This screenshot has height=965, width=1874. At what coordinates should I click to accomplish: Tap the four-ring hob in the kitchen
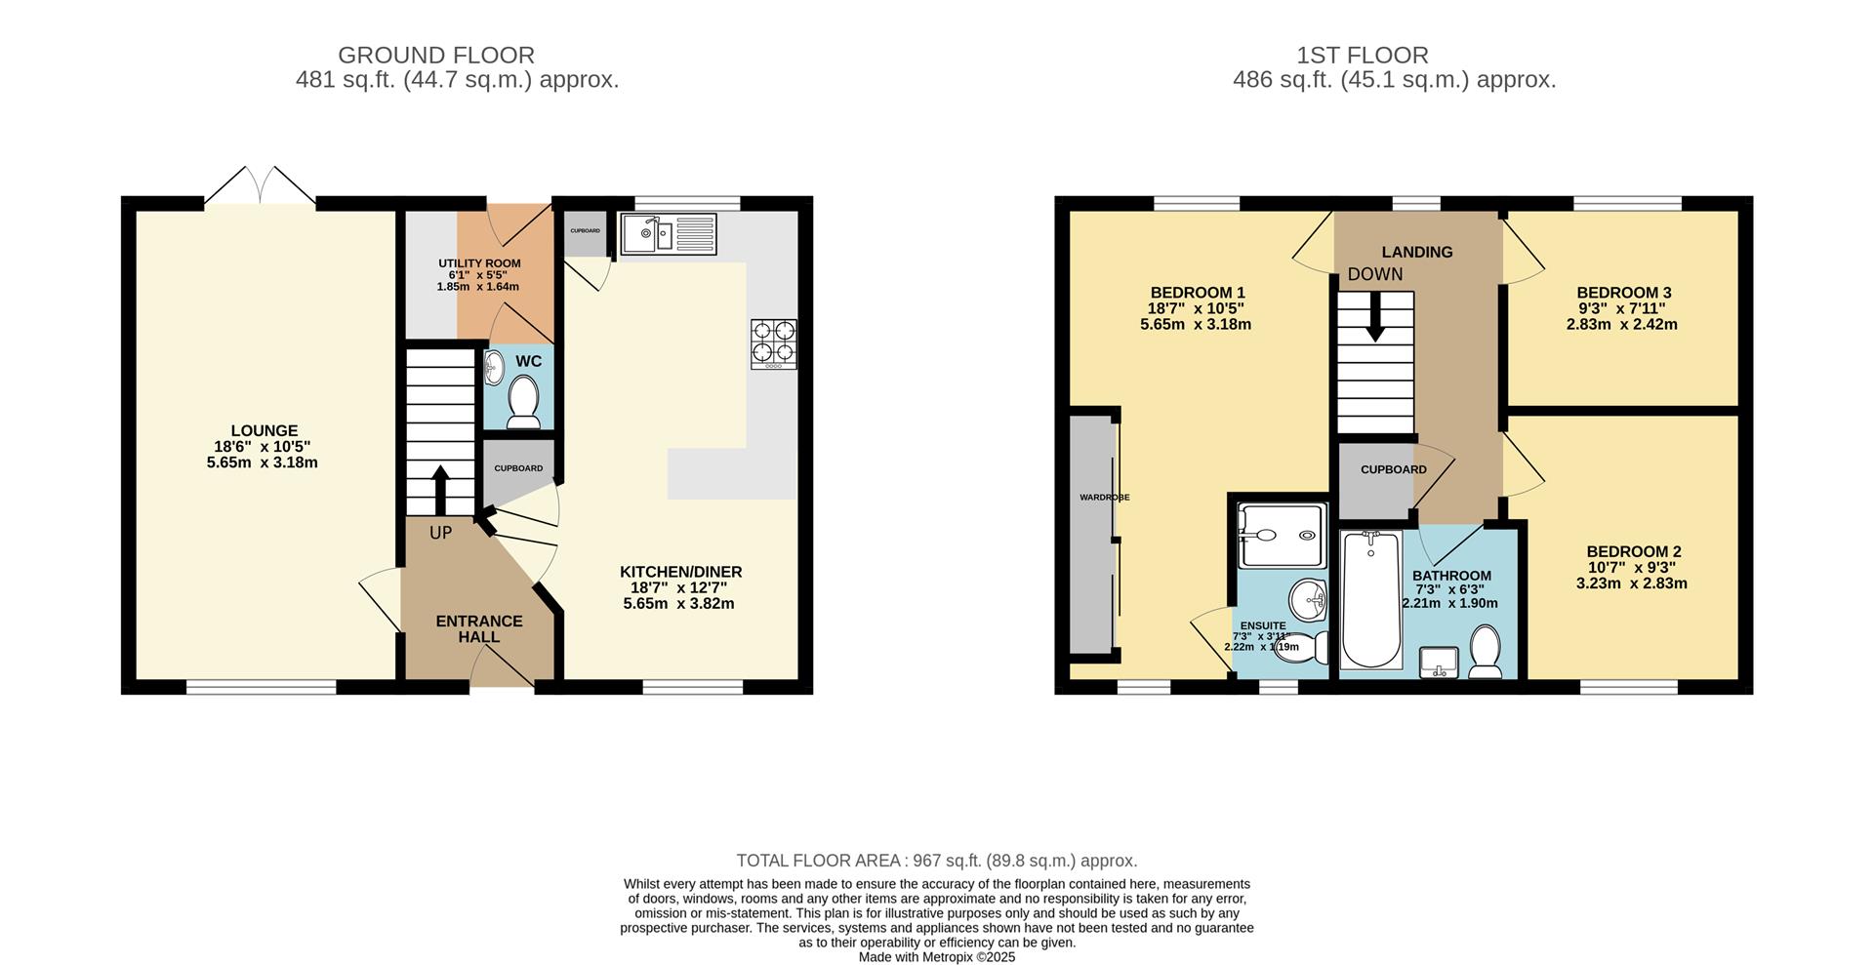tap(773, 343)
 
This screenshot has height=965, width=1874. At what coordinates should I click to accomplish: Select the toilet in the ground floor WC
tap(524, 403)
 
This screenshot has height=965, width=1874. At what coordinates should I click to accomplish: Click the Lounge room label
tap(264, 430)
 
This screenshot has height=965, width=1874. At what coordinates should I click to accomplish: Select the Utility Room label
tap(478, 263)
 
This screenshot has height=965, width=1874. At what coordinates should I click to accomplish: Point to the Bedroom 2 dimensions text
tap(1631, 576)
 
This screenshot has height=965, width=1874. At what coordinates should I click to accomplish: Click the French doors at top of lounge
tap(260, 187)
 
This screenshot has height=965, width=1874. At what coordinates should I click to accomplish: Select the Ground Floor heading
tap(436, 56)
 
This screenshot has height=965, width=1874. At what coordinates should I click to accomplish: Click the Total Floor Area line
tap(936, 861)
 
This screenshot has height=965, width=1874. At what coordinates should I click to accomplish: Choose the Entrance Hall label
tap(478, 628)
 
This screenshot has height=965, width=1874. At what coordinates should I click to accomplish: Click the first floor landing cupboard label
tap(1393, 469)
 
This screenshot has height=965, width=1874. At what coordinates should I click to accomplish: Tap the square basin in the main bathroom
tap(1438, 662)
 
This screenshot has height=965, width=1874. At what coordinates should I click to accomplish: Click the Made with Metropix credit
tap(936, 957)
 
